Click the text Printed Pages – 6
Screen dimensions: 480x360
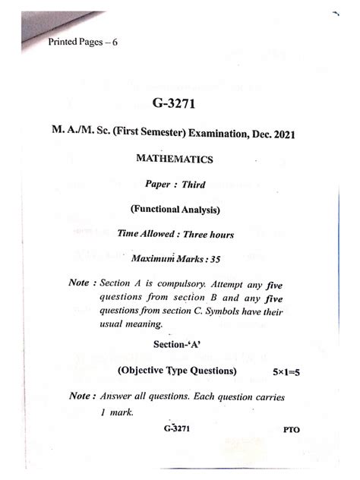point(81,42)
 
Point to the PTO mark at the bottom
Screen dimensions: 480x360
point(292,430)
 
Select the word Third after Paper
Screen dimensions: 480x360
point(193,185)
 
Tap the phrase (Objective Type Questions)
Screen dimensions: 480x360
point(177,371)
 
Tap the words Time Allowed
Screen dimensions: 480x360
point(146,234)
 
